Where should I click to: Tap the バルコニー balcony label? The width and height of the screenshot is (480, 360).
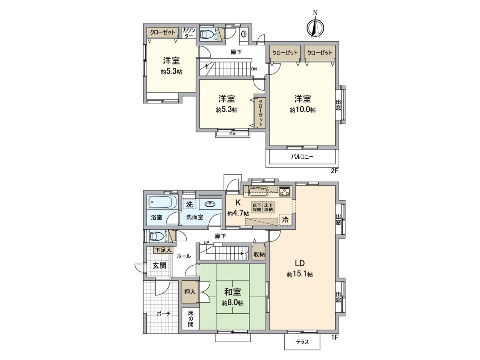302,157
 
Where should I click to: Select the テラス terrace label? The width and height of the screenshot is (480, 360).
302,342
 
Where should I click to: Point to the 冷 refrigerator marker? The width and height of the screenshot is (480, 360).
285,219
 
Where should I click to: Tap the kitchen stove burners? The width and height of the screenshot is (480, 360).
285,191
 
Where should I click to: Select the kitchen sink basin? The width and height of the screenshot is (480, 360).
258,191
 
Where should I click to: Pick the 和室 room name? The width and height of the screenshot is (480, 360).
232,293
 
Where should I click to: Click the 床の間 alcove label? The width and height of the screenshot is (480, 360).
190,318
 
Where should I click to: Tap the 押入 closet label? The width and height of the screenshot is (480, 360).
190,292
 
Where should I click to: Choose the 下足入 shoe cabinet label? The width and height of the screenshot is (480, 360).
163,250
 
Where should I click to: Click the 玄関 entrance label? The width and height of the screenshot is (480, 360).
160,266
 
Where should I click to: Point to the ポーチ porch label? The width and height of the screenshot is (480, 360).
163,314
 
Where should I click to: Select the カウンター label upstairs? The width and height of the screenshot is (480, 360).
189,33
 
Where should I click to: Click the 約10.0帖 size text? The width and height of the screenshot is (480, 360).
303,110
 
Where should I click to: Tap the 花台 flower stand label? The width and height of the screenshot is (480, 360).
232,134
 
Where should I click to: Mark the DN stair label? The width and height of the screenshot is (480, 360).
254,69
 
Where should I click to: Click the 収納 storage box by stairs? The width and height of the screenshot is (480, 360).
259,254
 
